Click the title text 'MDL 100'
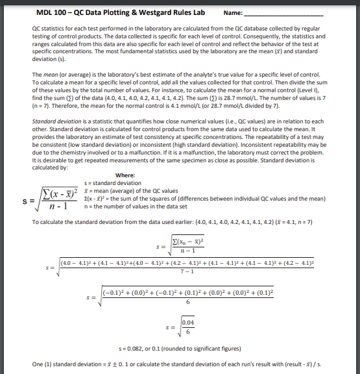point(50,12)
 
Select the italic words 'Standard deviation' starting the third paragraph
point(52,121)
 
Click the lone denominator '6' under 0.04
point(188,332)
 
